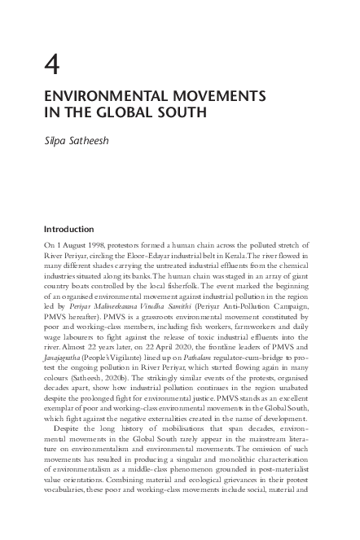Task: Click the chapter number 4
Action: tap(50, 60)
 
